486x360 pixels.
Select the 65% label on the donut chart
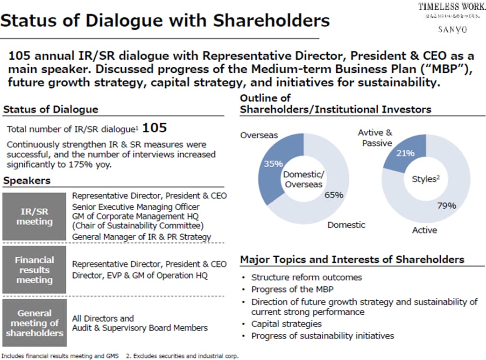334,195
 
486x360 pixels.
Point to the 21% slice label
405,154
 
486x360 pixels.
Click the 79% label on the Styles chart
446,205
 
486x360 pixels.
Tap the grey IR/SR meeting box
34,216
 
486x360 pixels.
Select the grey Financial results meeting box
34,270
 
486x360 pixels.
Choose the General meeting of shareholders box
34,323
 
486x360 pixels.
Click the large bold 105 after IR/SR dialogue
154,127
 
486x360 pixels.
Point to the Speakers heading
27,181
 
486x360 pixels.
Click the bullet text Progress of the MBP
292,289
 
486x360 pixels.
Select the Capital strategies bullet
286,324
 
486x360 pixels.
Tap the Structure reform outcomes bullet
306,277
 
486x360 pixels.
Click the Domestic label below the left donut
346,225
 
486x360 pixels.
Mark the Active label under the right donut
424,230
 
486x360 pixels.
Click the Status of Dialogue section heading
50,110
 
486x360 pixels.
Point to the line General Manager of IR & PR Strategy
141,237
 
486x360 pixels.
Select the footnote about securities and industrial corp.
183,356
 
